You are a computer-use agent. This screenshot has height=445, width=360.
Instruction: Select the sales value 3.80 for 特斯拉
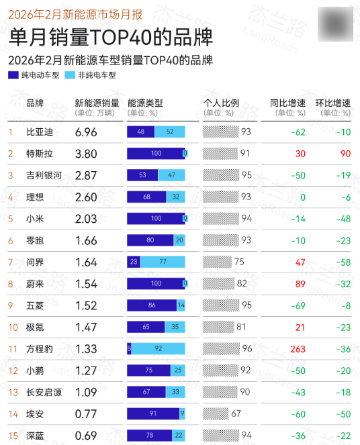pyautogui.click(x=87, y=154)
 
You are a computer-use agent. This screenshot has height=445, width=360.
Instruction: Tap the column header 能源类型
pyautogui.click(x=144, y=103)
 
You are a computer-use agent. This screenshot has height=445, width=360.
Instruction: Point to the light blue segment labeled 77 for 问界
pyautogui.click(x=163, y=262)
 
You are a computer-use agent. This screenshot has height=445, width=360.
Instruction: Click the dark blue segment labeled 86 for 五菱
pyautogui.click(x=152, y=305)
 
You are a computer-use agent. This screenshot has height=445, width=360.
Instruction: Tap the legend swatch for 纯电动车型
pyautogui.click(x=13, y=76)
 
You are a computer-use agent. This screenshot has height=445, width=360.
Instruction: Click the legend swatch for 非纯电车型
pyautogui.click(x=70, y=76)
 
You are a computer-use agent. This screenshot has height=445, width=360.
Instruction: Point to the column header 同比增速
pyautogui.click(x=288, y=103)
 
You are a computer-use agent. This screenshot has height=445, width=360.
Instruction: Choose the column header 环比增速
pyautogui.click(x=333, y=103)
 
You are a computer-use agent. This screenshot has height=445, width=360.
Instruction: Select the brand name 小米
pyautogui.click(x=35, y=219)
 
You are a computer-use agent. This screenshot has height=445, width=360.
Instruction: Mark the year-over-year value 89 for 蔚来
pyautogui.click(x=300, y=284)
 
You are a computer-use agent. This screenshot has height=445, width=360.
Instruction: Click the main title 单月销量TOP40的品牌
pyautogui.click(x=111, y=36)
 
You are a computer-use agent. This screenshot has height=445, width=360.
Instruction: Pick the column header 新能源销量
pyautogui.click(x=97, y=103)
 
